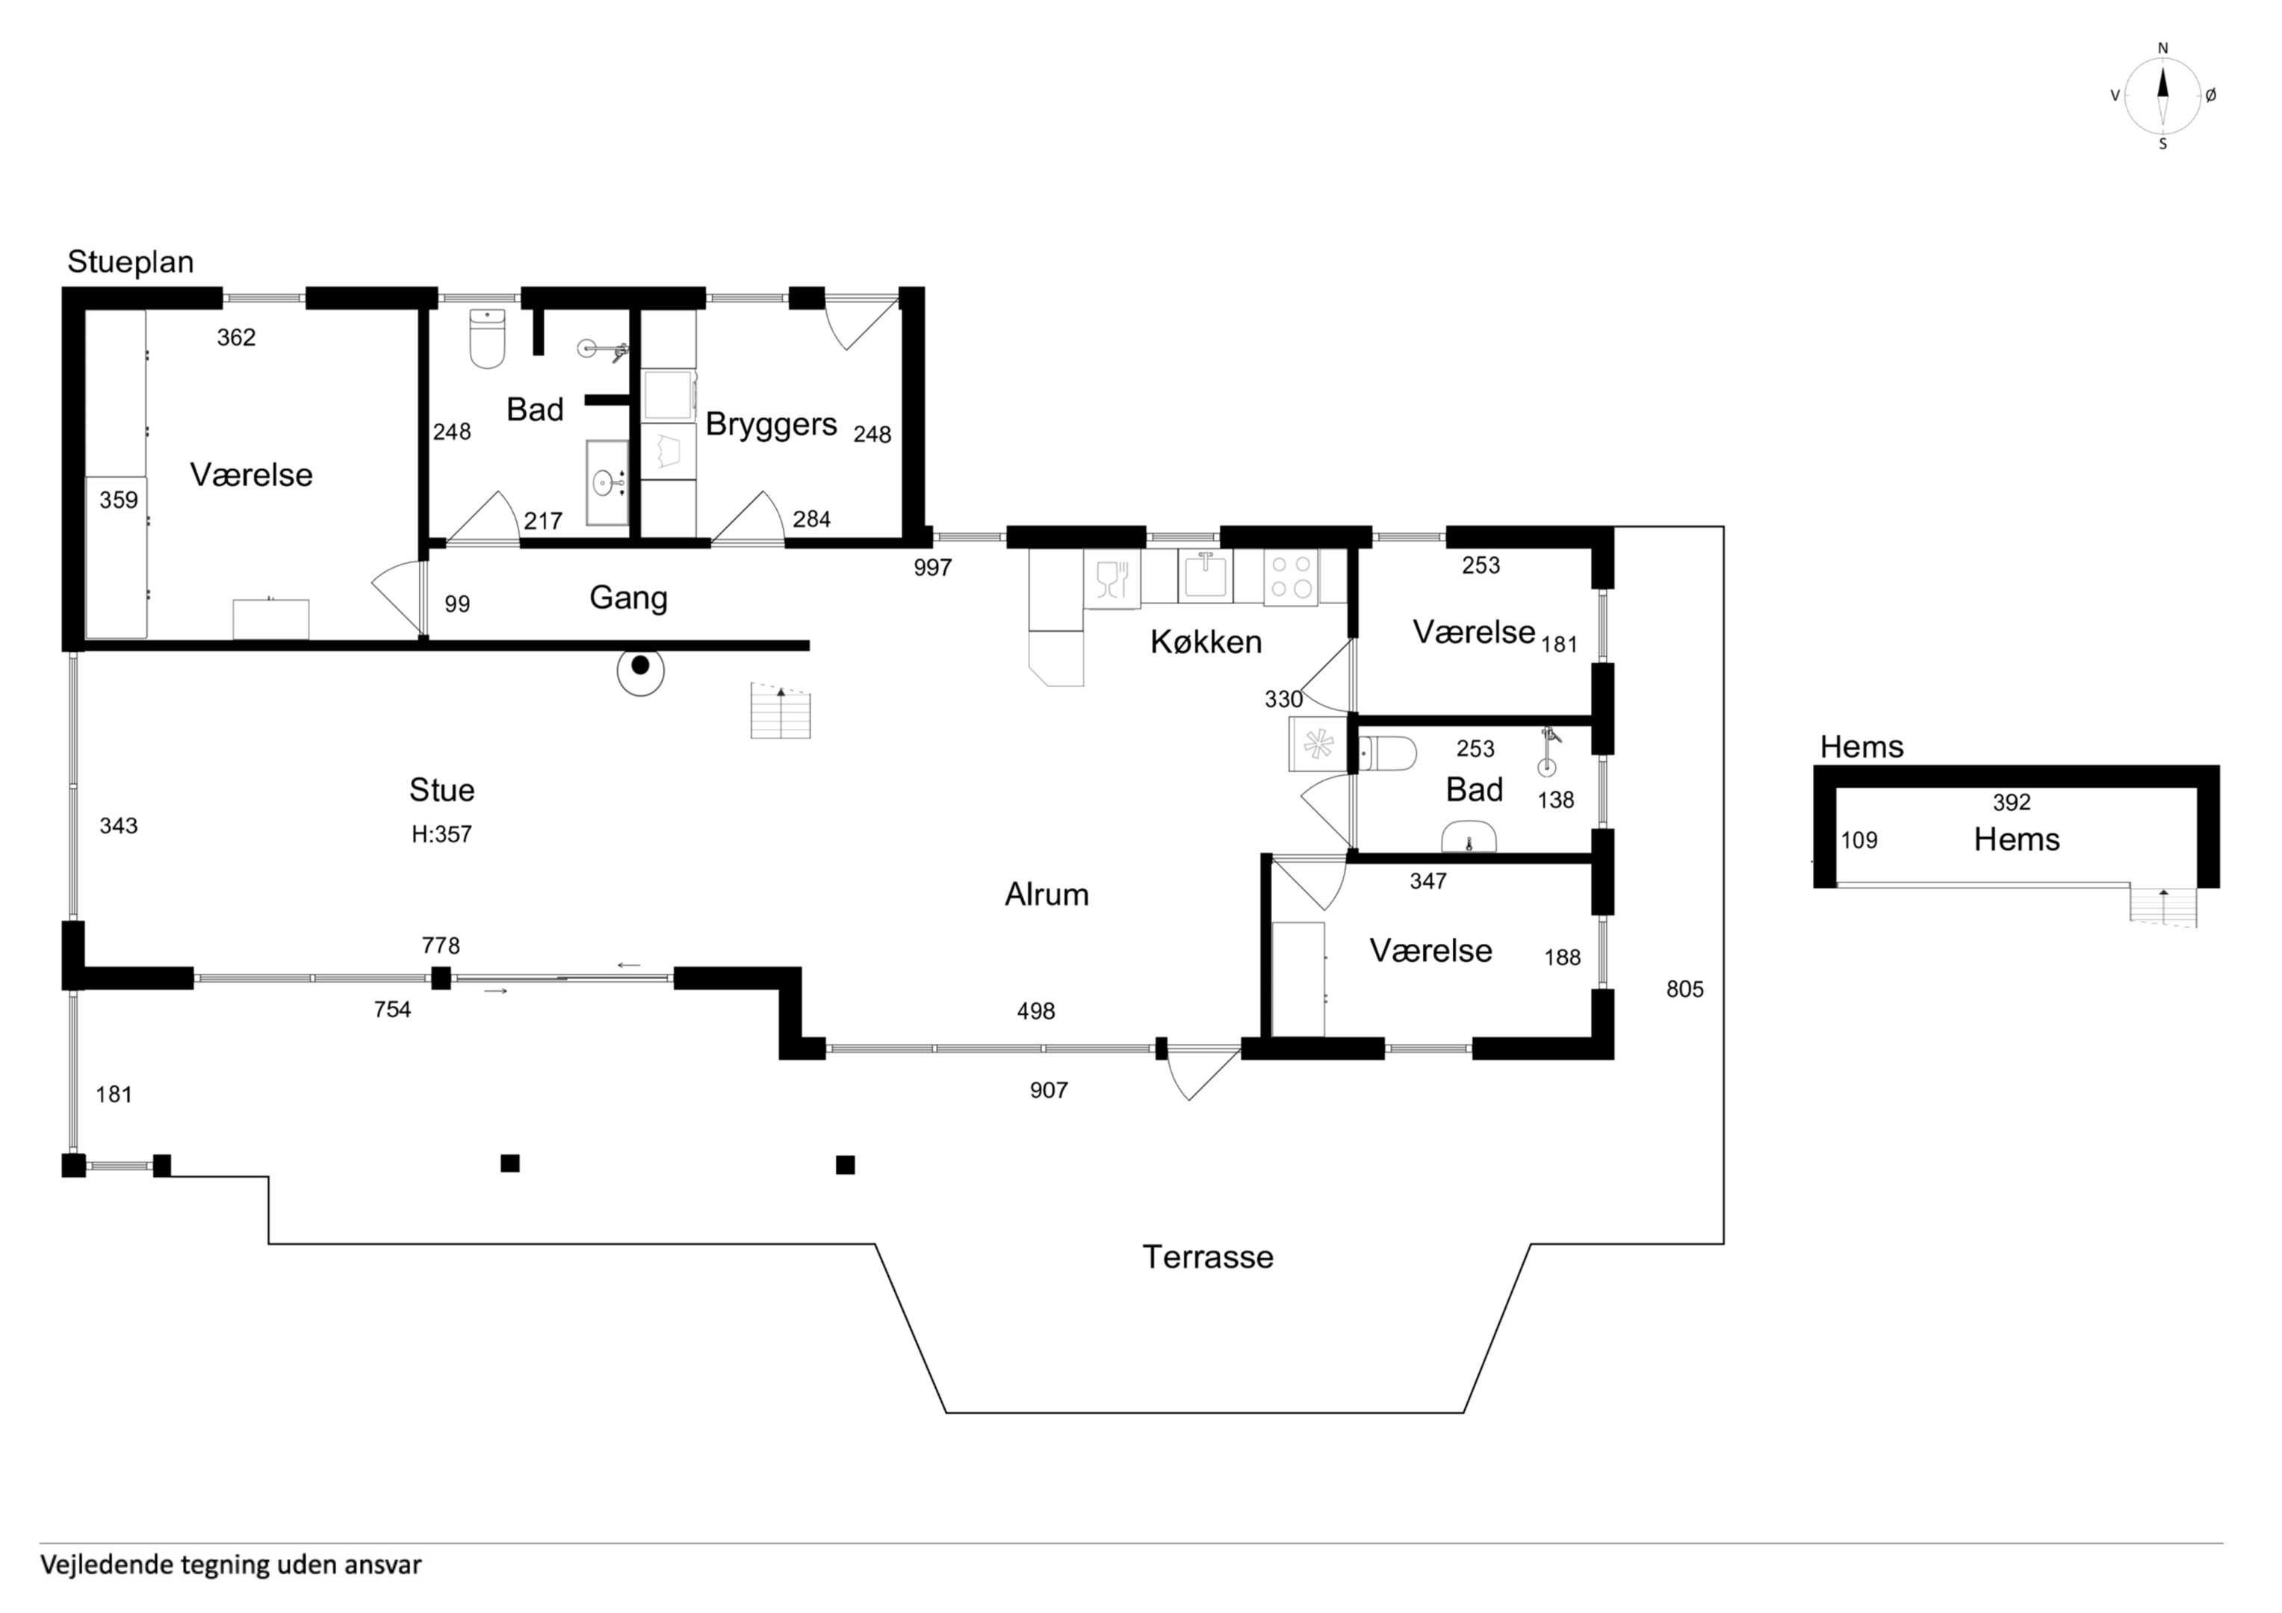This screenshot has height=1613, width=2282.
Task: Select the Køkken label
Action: coord(1206,642)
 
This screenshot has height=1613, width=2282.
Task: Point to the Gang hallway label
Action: coord(628,598)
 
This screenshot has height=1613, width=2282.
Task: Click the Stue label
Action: coord(442,790)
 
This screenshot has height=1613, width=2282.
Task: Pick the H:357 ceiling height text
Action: coord(442,835)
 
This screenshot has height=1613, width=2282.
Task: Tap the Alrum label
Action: coord(1047,895)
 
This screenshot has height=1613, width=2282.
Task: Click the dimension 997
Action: coord(932,568)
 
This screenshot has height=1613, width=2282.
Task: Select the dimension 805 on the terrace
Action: coord(1684,989)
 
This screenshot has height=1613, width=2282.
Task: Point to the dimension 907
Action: coord(1049,1090)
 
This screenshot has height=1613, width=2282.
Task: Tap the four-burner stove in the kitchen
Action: coord(1291,576)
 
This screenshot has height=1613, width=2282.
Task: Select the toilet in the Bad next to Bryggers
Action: coord(487,338)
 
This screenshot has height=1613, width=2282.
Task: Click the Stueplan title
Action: coord(130,262)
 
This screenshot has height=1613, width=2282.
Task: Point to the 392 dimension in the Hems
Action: coord(2012,802)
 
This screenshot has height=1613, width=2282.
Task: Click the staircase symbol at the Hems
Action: coord(2162,905)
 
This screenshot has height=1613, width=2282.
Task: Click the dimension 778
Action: coord(440,945)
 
